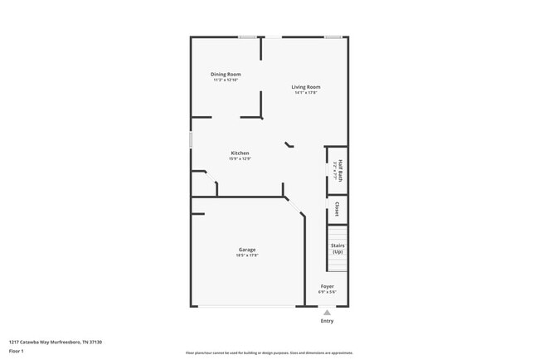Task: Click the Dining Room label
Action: point(226,75)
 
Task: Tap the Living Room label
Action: point(305,87)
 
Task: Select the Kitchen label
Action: point(240,153)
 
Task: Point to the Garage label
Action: point(247,250)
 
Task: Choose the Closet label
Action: point(337,209)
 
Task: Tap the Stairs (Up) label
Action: point(337,248)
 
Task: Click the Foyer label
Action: point(328,287)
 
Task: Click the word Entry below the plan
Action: point(328,321)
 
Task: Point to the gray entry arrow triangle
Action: point(327,312)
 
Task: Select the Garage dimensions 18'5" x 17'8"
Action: point(247,255)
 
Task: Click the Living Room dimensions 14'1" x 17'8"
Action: point(305,93)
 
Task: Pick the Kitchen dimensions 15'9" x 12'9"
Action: point(240,158)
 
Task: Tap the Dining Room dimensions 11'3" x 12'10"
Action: point(226,80)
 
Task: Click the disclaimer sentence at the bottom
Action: point(269,353)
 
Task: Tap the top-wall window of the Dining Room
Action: point(247,36)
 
